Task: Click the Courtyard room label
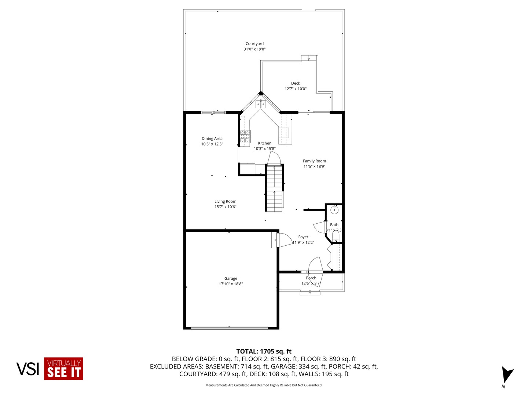pos(254,44)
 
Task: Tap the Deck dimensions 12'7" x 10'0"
pos(296,89)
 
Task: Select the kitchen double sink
pos(261,104)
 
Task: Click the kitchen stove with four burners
pos(245,136)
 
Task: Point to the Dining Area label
pos(212,139)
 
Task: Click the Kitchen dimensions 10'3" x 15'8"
pos(265,148)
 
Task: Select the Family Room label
pos(314,161)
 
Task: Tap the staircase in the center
pos(275,188)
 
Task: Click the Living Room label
pos(225,201)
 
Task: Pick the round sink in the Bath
pos(334,210)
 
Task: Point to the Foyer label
pos(303,237)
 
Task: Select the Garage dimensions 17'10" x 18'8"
pos(231,284)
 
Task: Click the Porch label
pos(311,278)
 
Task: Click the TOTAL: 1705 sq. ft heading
pos(264,351)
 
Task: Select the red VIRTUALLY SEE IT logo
pos(64,368)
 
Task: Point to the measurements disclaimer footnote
pos(264,385)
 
